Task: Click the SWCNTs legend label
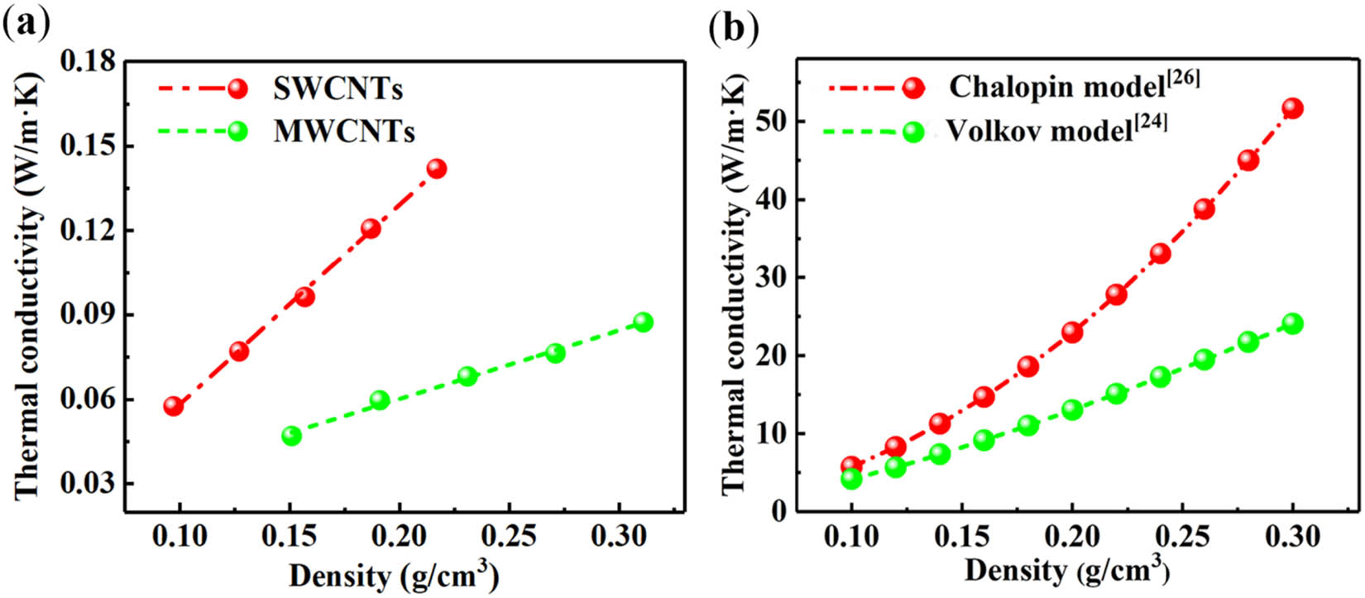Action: (338, 89)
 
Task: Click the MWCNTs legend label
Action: (344, 132)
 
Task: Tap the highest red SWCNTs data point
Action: (436, 169)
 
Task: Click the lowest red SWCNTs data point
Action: (173, 406)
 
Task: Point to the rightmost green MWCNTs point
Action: (643, 322)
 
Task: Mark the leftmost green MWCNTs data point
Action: (291, 436)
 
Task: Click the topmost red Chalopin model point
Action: (1292, 108)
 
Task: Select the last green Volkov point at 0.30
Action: (1292, 323)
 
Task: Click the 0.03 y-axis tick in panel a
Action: (88, 484)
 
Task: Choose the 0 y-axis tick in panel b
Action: (778, 512)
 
